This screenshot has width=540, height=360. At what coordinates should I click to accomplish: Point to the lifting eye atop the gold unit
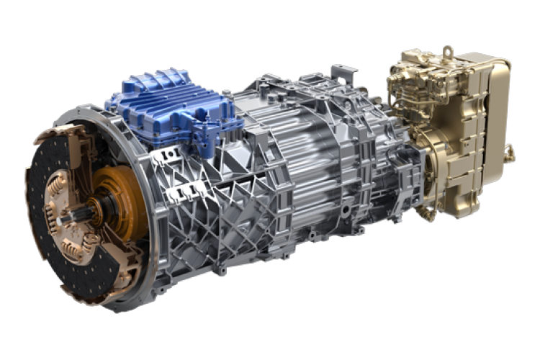[448, 52]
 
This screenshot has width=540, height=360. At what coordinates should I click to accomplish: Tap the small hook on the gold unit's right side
[510, 151]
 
